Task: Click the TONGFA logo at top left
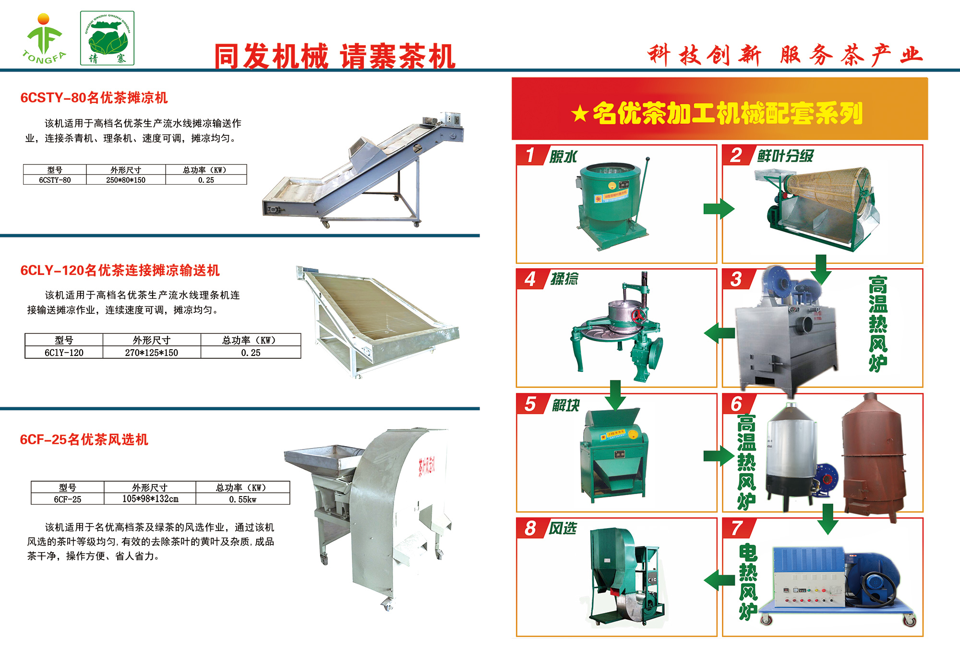[44, 38]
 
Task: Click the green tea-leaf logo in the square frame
[107, 38]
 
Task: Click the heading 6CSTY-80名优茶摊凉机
[94, 98]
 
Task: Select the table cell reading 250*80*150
[126, 180]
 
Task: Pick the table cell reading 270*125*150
[152, 353]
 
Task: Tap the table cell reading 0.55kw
[243, 499]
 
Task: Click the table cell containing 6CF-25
[68, 499]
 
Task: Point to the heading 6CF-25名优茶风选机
[84, 439]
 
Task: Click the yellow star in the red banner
[580, 114]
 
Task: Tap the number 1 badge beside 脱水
[530, 155]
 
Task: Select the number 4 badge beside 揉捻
[530, 279]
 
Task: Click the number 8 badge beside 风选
[530, 528]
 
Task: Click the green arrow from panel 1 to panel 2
[719, 209]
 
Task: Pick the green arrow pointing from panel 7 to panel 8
[719, 580]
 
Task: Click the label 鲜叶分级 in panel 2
[785, 156]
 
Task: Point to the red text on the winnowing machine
[426, 465]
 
